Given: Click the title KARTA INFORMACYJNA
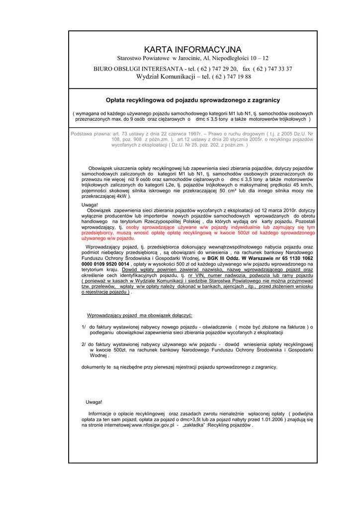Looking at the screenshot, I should tap(192, 50).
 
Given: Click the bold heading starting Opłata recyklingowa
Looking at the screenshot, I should tap(193, 100).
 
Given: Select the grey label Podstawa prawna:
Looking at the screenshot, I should tap(90, 134).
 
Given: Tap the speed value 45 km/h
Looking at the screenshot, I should tap(302, 185).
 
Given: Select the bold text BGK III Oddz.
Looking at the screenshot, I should tap(224, 258).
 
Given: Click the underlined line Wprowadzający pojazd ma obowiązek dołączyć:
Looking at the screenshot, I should tap(140, 316).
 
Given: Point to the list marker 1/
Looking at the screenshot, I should tap(84, 327).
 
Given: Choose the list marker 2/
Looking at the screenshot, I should tap(84, 344).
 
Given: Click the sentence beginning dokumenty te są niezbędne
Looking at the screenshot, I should tap(180, 367).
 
